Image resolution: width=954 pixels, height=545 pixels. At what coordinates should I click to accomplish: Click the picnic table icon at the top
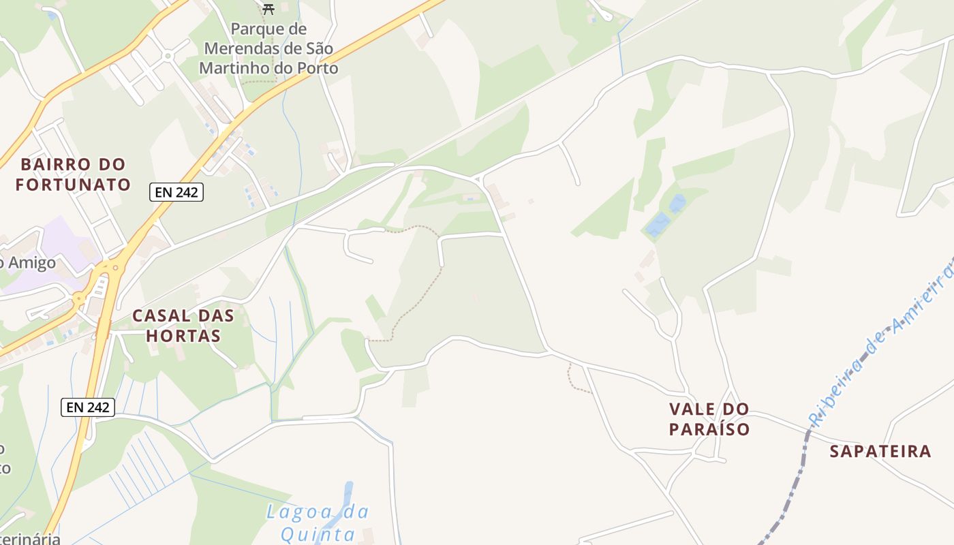click(x=268, y=9)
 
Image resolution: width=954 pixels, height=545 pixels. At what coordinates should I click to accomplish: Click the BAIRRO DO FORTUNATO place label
click(x=73, y=174)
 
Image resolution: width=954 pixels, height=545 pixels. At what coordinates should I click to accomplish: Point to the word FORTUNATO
click(x=73, y=185)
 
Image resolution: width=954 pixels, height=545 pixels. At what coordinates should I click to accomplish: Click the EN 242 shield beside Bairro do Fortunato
click(x=176, y=192)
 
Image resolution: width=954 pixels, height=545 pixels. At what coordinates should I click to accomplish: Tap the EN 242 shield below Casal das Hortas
click(x=88, y=407)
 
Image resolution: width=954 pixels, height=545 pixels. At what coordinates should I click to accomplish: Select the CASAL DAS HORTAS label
click(x=183, y=326)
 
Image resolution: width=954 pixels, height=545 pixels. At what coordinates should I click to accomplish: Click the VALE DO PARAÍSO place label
click(x=709, y=419)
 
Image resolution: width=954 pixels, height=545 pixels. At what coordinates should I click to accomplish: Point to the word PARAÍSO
click(x=709, y=429)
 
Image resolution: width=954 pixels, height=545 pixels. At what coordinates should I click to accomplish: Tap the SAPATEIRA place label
click(x=880, y=451)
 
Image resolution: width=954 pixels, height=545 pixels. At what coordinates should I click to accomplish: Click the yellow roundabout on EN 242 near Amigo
click(x=80, y=298)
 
